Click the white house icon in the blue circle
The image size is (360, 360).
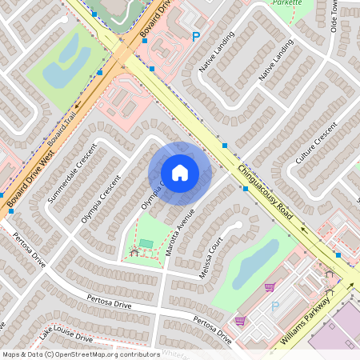[180, 173]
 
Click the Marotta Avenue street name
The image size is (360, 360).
[186, 228]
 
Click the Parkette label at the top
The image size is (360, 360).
[287, 2]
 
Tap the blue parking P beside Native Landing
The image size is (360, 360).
[196, 36]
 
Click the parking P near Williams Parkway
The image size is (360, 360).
[275, 306]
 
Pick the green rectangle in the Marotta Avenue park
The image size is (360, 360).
[146, 243]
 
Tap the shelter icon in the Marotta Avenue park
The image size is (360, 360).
[134, 251]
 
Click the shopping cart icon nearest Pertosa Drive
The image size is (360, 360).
[239, 321]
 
